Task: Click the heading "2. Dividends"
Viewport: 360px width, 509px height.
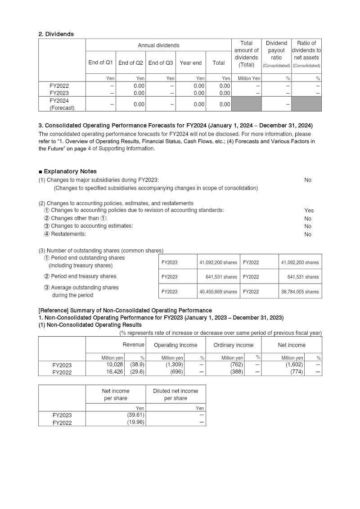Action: [56, 34]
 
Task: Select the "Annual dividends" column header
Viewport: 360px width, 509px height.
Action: [158, 45]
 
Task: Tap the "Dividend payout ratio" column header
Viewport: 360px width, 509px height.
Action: [276, 50]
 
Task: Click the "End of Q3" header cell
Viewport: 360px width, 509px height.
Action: [161, 63]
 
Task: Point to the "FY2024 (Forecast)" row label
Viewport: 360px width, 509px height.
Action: [62, 104]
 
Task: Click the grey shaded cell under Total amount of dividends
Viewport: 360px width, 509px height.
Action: [246, 104]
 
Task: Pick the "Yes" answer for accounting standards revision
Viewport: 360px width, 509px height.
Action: [309, 210]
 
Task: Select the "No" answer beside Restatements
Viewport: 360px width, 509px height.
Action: [308, 234]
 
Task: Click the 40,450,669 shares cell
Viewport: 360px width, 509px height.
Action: [218, 292]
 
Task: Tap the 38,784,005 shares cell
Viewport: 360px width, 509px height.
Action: [300, 292]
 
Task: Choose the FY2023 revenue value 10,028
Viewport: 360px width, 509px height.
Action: [115, 365]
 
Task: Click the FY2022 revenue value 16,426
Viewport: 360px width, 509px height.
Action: [115, 372]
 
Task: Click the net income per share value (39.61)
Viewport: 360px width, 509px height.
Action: [135, 415]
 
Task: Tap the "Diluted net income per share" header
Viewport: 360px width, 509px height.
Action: [175, 395]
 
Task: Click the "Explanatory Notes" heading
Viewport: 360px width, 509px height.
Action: [70, 171]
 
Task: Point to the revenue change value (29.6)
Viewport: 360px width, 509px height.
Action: [137, 372]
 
